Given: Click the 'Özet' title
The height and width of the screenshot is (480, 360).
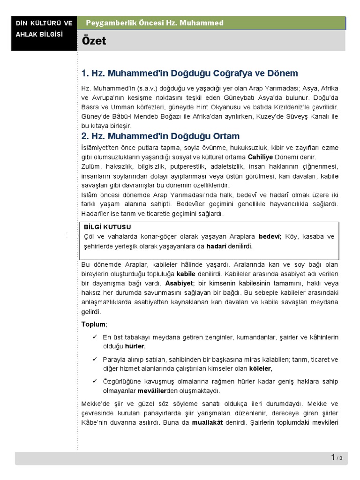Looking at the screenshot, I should pyautogui.click(x=94, y=41).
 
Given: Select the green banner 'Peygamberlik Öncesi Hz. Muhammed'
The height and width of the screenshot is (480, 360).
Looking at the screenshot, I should pyautogui.click(x=155, y=23).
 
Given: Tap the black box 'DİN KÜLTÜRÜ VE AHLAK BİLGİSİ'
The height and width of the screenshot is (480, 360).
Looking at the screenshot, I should pyautogui.click(x=44, y=29).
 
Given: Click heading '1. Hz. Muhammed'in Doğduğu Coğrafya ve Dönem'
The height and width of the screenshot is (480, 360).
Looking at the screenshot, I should pyautogui.click(x=189, y=74).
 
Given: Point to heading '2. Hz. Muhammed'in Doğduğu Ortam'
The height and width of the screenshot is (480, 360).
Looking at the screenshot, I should pyautogui.click(x=160, y=136).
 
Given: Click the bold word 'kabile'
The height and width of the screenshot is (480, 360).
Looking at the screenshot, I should pyautogui.click(x=185, y=273).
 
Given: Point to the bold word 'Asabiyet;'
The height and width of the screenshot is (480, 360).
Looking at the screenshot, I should pyautogui.click(x=180, y=284).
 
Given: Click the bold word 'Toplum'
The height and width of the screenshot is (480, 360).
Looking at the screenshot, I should pyautogui.click(x=93, y=324).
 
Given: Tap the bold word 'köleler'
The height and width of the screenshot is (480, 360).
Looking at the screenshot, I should pyautogui.click(x=260, y=368).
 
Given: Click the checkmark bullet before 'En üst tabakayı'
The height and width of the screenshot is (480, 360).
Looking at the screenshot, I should pyautogui.click(x=95, y=337).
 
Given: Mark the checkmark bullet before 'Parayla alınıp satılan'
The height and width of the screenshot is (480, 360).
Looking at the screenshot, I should pyautogui.click(x=95, y=359).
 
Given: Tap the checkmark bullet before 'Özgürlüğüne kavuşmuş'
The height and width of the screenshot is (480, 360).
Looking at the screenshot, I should pyautogui.click(x=95, y=381).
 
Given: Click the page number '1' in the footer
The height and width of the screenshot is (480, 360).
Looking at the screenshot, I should pyautogui.click(x=333, y=457).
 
